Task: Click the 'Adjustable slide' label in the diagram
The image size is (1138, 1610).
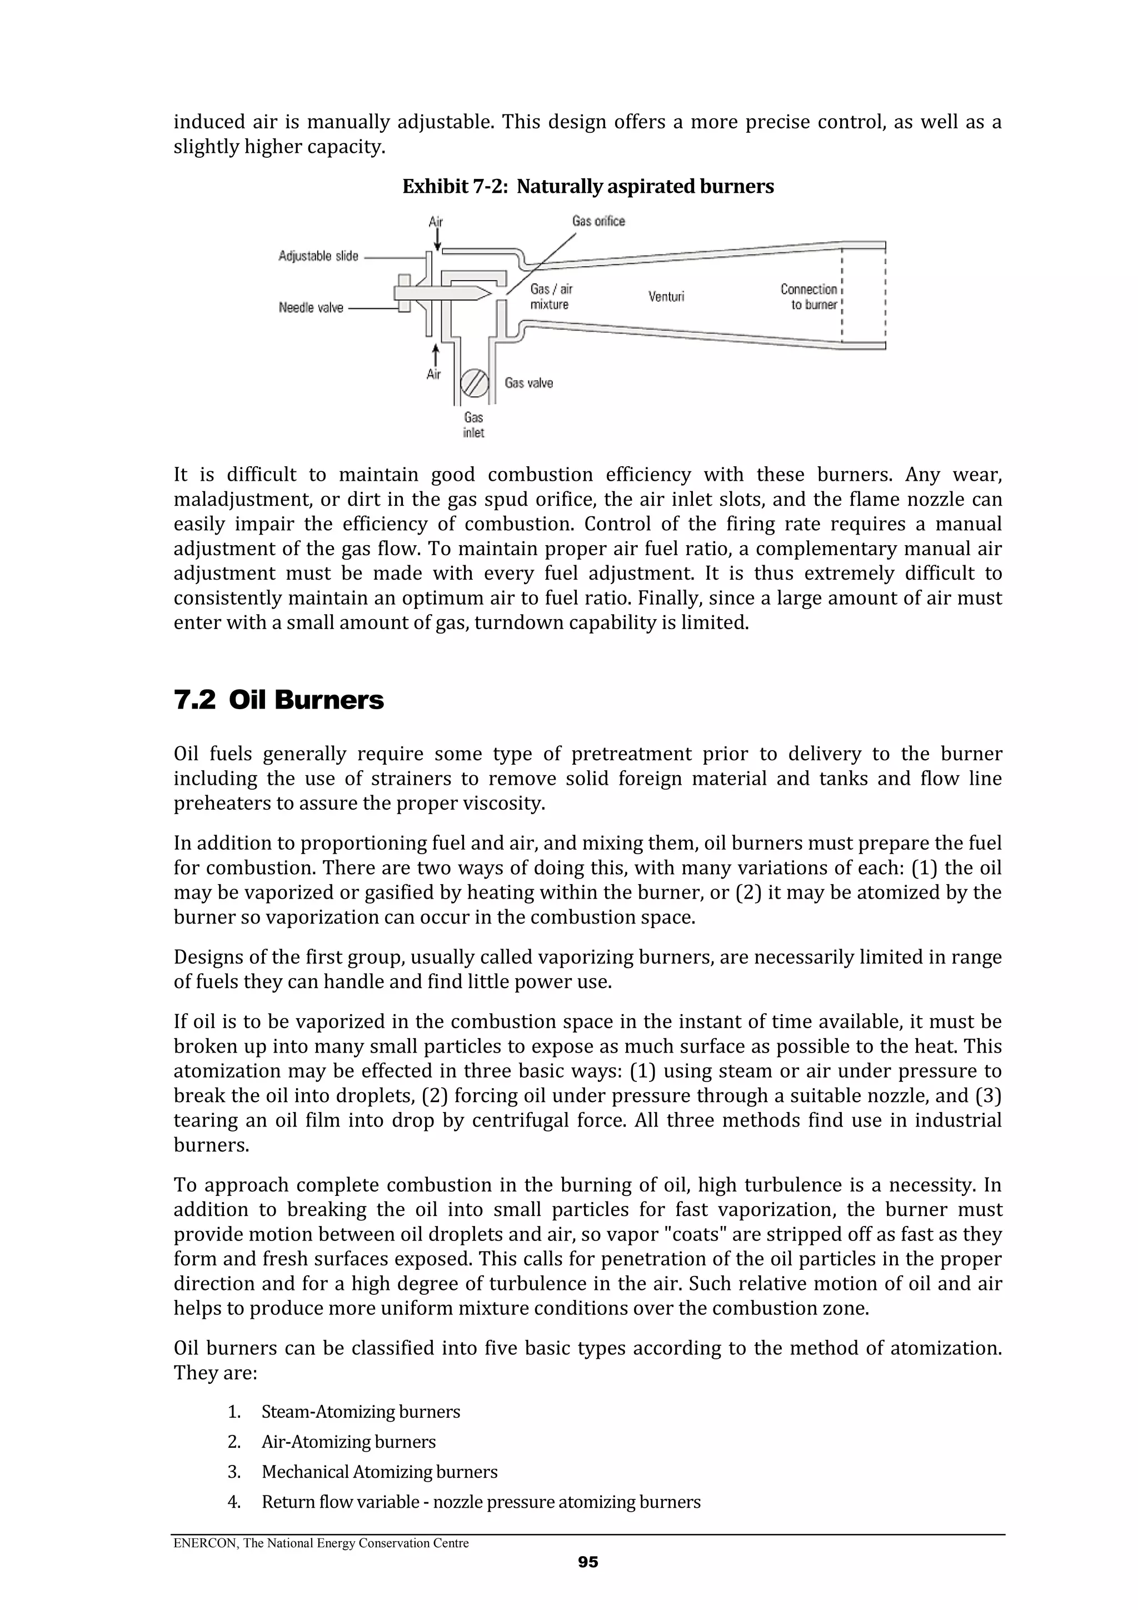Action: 318,256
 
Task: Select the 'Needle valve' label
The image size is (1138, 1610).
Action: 311,308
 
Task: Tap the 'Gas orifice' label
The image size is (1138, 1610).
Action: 598,221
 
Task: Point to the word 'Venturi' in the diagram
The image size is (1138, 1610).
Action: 666,297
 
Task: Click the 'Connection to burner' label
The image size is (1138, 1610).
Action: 810,297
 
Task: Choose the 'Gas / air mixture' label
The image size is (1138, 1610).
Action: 551,297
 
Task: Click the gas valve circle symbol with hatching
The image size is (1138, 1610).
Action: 474,383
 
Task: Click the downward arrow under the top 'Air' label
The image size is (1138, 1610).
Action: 437,241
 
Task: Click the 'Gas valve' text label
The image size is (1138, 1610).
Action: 528,383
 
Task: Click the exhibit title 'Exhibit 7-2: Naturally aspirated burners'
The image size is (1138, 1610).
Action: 587,187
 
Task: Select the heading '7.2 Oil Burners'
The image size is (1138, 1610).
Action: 278,700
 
